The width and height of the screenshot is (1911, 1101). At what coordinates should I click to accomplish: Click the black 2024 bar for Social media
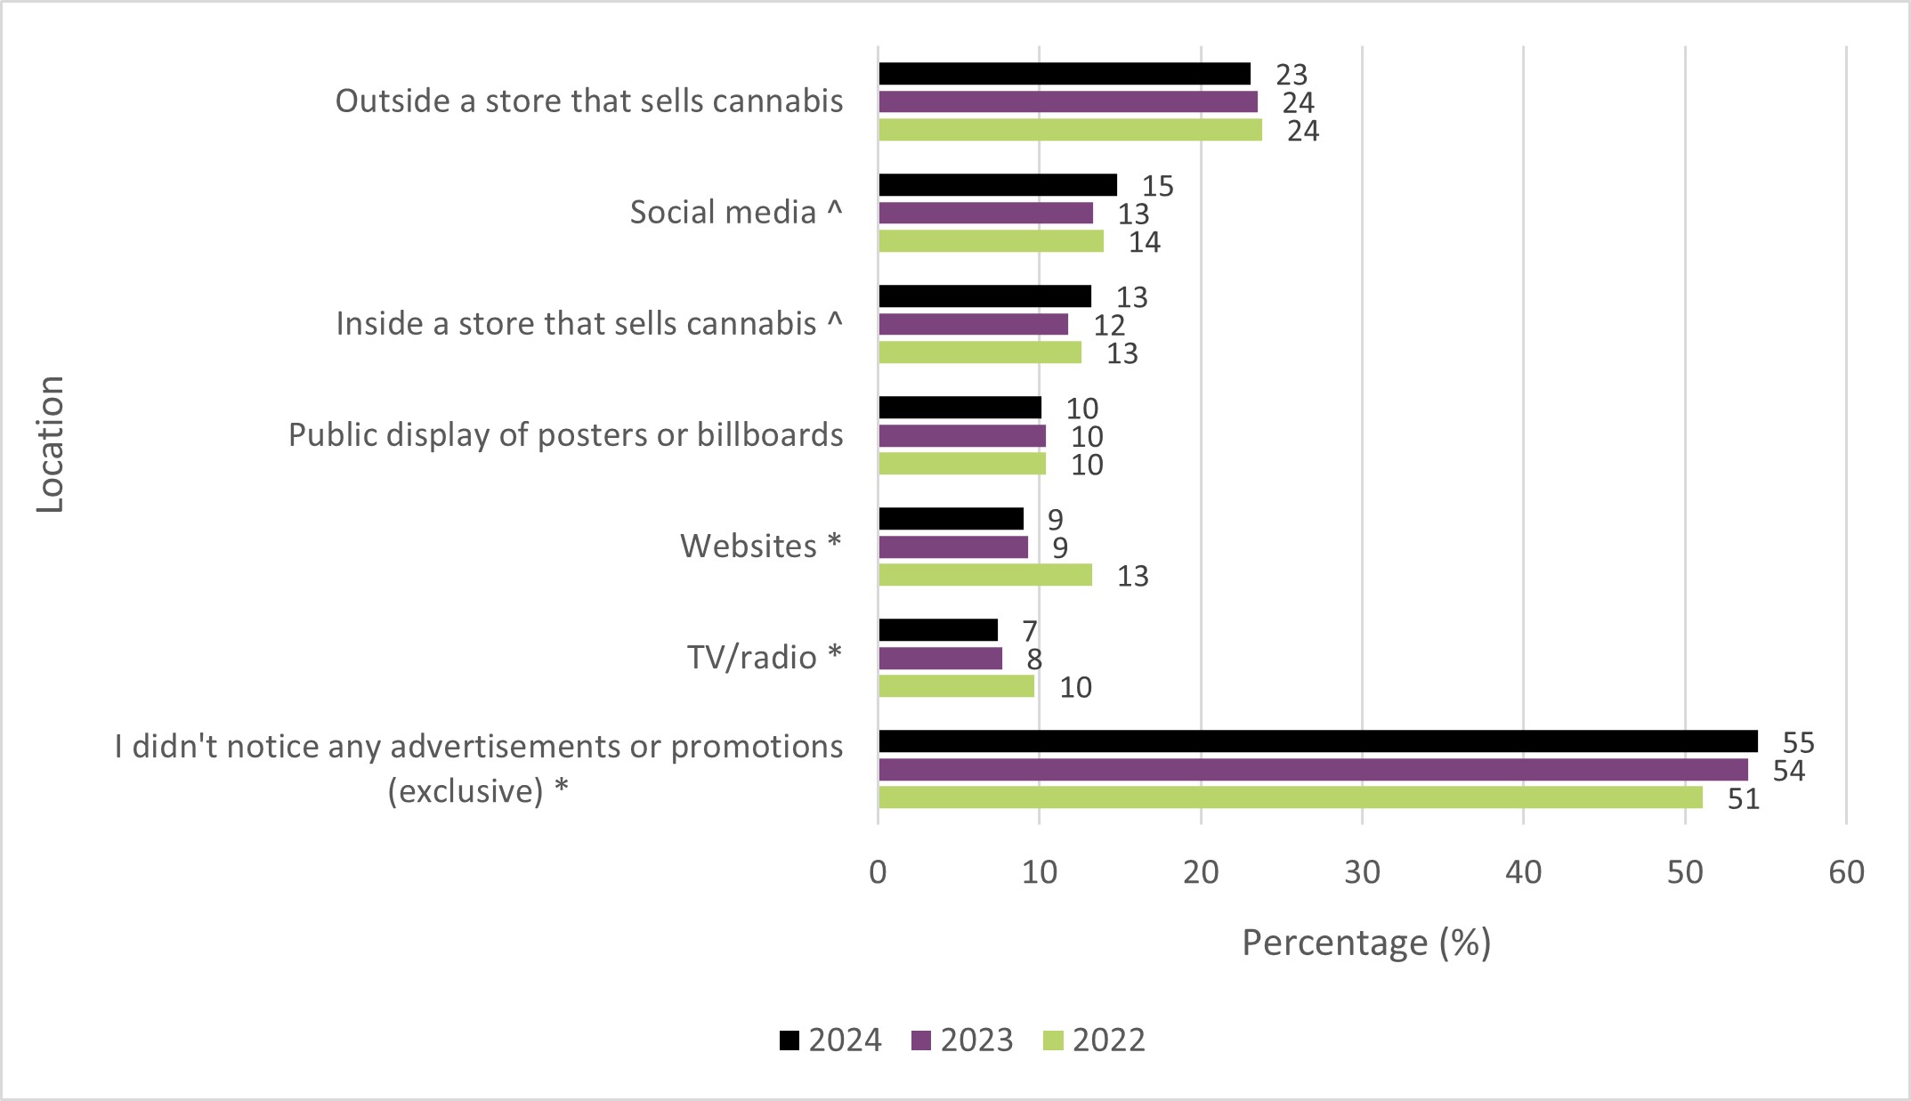click(997, 185)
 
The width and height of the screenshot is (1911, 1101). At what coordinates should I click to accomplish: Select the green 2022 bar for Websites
click(984, 575)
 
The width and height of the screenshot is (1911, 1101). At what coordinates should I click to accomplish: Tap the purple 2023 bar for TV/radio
click(940, 659)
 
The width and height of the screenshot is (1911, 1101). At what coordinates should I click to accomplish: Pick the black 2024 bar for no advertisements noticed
click(1317, 741)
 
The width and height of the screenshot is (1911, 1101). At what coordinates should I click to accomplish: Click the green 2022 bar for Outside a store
click(1070, 130)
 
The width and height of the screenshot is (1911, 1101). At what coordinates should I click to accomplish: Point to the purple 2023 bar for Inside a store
click(973, 325)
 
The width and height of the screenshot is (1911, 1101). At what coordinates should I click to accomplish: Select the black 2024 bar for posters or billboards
click(960, 408)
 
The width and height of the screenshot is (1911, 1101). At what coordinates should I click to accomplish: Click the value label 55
click(1798, 743)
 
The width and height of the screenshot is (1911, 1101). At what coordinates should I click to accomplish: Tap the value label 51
click(1743, 799)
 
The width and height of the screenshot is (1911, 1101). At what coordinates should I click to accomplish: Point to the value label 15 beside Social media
click(1157, 186)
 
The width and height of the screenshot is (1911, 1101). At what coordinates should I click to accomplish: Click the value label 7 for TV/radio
click(1029, 631)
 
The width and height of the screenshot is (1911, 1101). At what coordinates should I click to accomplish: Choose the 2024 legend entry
click(830, 1040)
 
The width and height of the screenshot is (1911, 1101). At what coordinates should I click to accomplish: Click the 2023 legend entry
click(963, 1040)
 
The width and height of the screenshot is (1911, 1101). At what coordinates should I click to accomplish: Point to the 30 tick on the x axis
click(1362, 872)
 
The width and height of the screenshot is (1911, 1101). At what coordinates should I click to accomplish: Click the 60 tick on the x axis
click(1846, 872)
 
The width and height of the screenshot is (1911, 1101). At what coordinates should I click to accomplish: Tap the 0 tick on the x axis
click(878, 872)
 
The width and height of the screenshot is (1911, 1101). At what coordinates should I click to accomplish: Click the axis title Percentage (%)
click(1365, 943)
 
